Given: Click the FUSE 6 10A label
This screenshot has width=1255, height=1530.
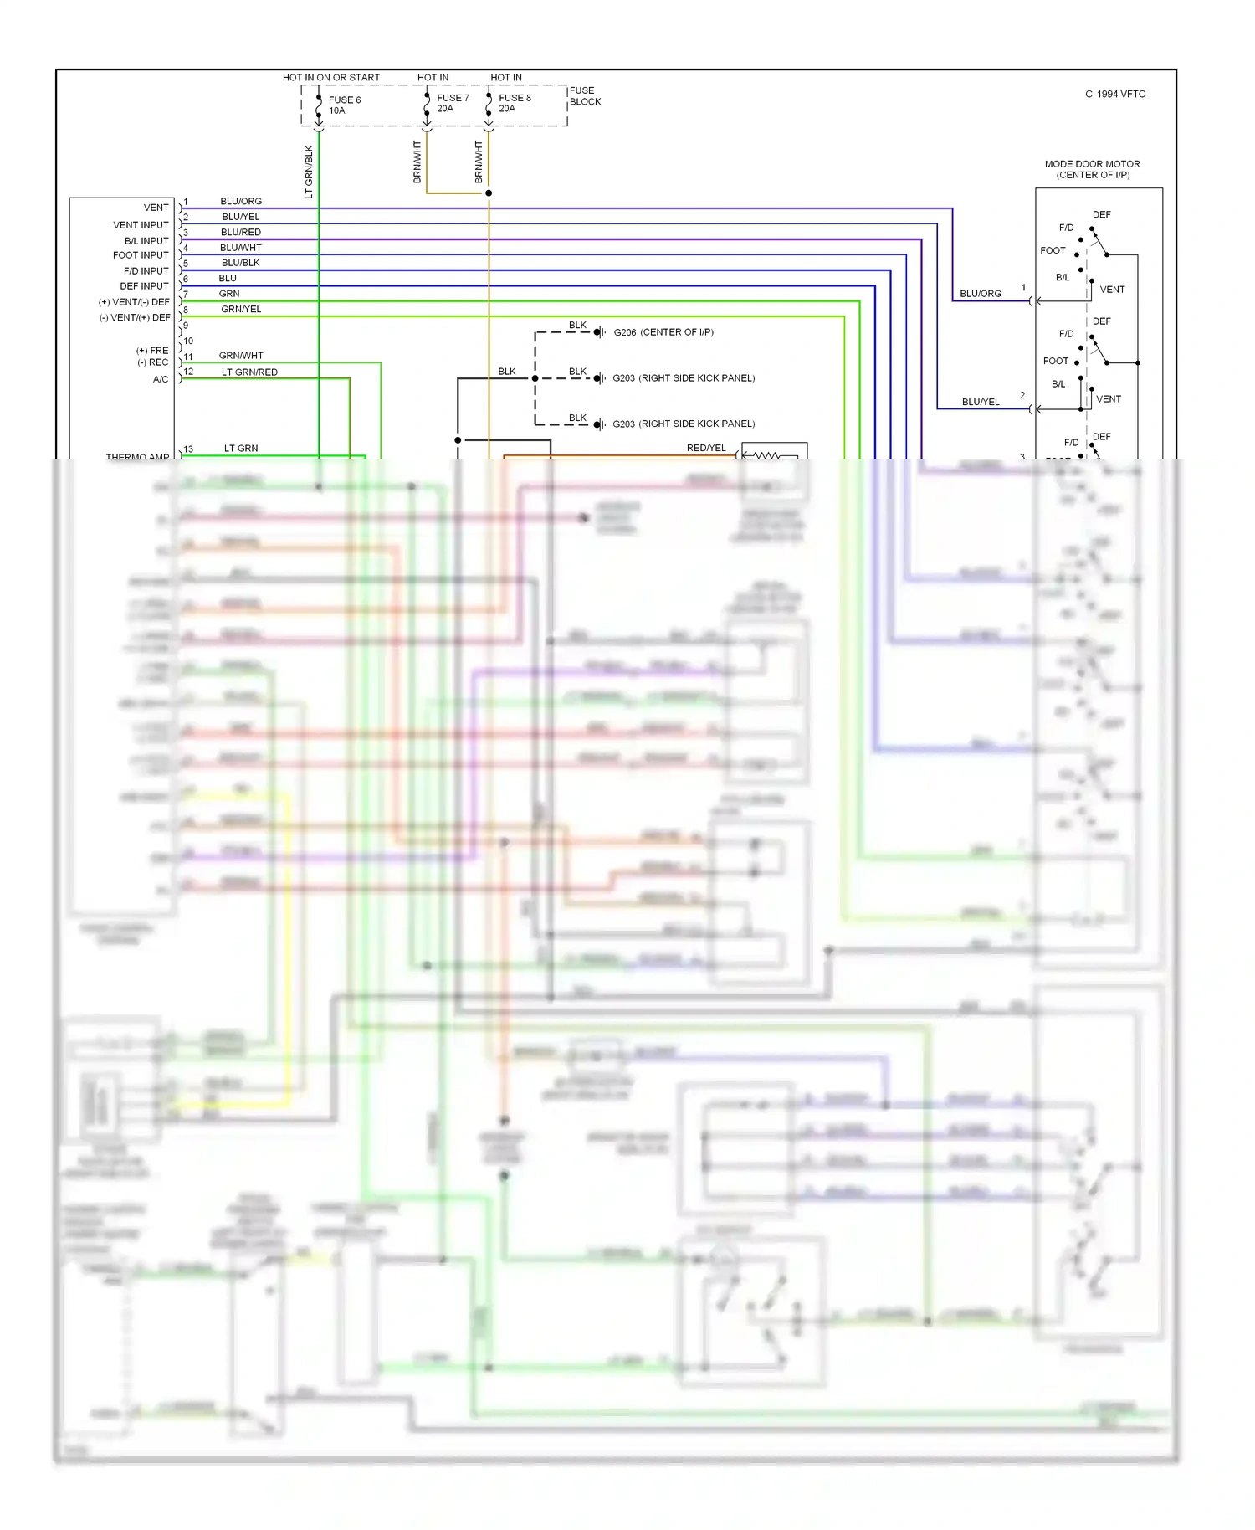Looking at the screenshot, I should click(344, 105).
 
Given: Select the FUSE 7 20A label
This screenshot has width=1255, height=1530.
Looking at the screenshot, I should click(452, 103).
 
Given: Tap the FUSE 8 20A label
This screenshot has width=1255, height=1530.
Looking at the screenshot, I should click(514, 103).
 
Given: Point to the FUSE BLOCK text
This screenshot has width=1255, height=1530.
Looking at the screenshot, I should click(585, 96).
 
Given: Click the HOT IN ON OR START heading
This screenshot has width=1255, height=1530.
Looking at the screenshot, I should click(330, 78).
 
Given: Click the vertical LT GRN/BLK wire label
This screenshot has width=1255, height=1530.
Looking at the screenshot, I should click(309, 172).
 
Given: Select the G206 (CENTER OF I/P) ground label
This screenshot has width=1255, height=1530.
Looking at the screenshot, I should click(663, 332).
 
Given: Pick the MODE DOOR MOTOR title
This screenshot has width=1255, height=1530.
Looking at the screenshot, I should click(1092, 164).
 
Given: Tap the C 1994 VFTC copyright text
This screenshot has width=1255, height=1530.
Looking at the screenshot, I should click(1115, 94).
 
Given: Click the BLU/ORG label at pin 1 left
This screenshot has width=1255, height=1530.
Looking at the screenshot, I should click(241, 201).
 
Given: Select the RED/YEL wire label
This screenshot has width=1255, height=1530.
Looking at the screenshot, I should click(706, 448).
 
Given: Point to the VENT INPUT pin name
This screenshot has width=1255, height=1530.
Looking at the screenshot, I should click(141, 225).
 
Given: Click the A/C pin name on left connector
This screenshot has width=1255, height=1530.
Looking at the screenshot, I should click(161, 379).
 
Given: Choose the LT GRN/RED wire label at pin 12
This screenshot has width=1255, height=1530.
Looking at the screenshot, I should click(249, 372).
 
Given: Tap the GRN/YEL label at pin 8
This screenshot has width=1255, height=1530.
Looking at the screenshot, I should click(241, 309).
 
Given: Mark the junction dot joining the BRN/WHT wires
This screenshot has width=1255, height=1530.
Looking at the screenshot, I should click(489, 193).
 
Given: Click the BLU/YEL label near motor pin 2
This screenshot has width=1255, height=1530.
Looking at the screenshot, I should click(981, 402).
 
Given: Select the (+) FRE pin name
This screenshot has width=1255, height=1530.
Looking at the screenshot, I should click(152, 351).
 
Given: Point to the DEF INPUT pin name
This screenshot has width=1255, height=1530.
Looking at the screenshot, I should click(144, 286).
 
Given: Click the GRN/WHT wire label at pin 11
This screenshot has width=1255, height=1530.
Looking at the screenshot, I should click(241, 356).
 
